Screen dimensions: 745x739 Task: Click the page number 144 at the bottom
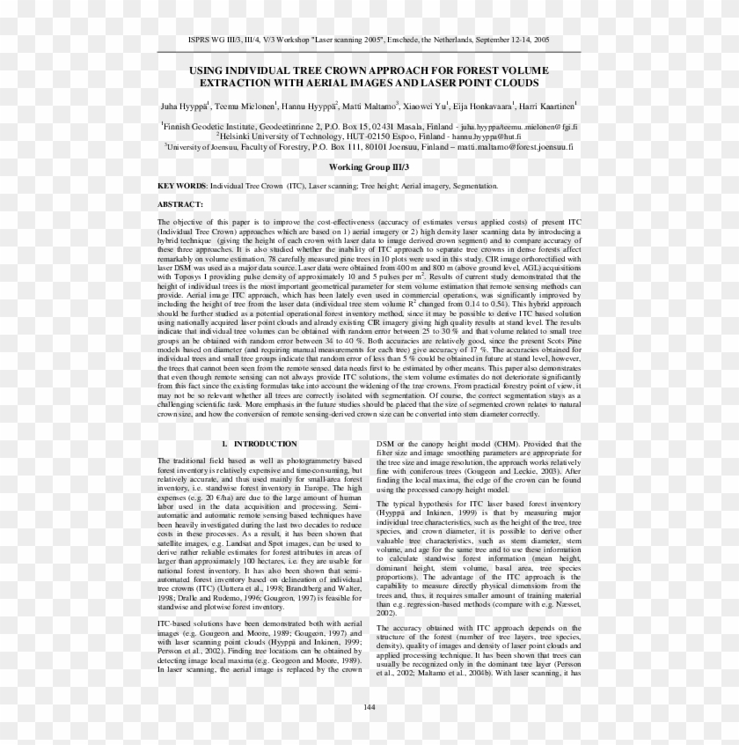tap(369, 707)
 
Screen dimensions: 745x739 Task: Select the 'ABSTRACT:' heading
tap(180, 204)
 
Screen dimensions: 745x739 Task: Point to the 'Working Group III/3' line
tap(369, 166)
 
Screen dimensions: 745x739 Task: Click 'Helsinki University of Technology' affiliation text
tap(282, 137)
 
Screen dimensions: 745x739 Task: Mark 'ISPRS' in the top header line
tap(200, 41)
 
